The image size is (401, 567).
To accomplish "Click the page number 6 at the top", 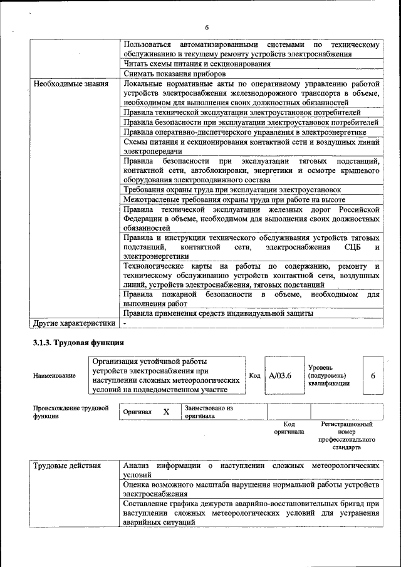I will [206, 27].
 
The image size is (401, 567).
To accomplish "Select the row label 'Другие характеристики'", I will [74, 323].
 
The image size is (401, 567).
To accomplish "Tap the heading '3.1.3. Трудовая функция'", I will [78, 343].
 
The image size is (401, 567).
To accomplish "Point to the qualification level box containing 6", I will [372, 375].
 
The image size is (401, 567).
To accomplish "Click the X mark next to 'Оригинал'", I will [166, 412].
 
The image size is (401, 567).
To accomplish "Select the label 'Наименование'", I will [55, 375].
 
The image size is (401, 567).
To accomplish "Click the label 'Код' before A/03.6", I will [254, 375].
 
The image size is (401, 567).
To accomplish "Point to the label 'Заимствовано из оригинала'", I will [209, 412].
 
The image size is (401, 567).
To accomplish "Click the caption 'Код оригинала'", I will [289, 428].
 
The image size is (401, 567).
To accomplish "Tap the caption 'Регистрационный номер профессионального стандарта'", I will [346, 436].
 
